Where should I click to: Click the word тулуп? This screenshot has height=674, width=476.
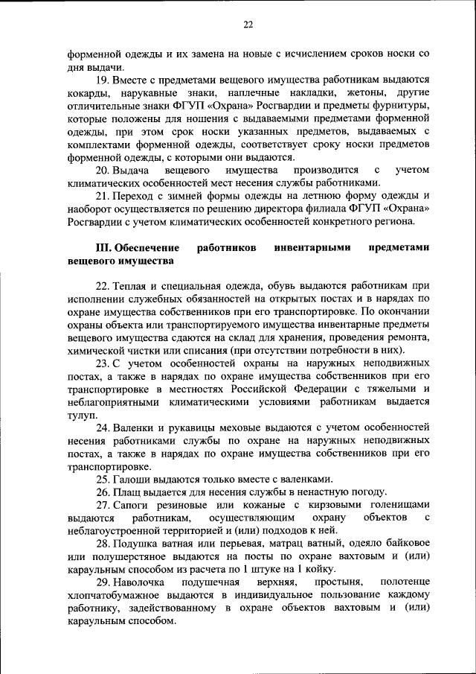pos(81,416)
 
